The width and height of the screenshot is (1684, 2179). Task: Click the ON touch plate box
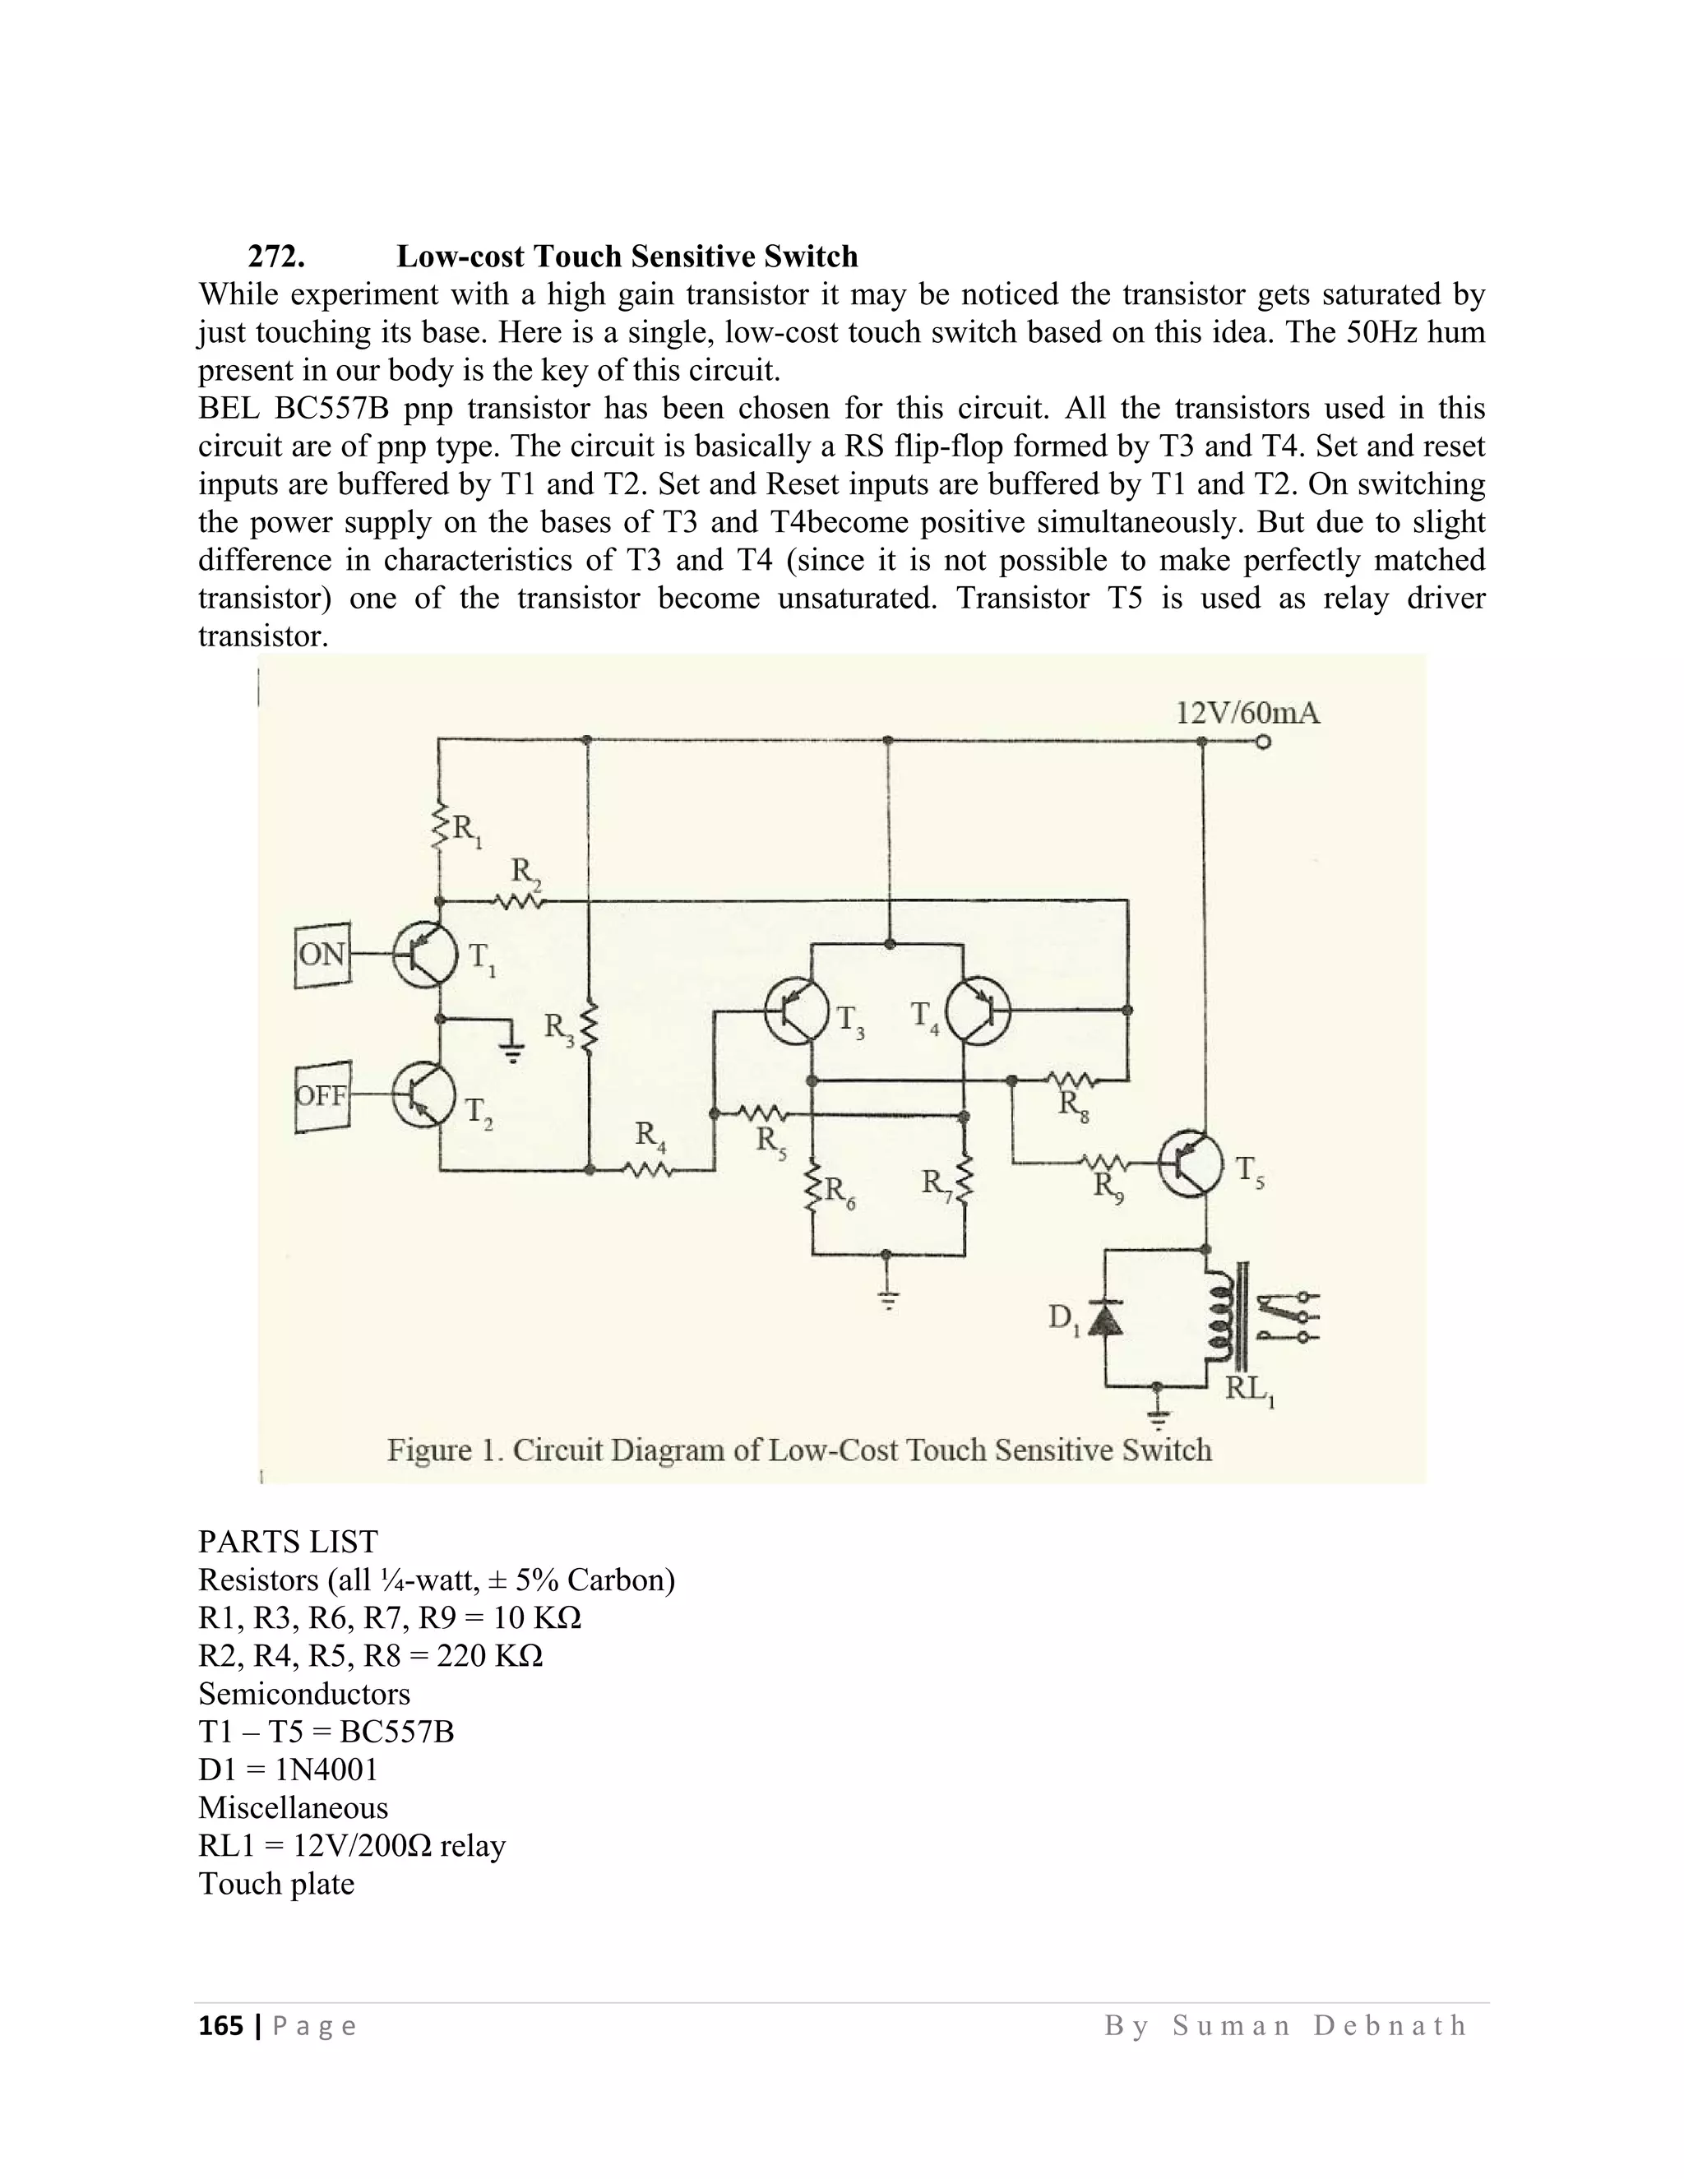click(322, 955)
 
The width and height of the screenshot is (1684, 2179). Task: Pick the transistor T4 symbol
click(978, 1011)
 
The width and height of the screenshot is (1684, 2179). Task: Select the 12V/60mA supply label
click(1248, 714)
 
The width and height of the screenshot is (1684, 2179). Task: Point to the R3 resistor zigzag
click(588, 1028)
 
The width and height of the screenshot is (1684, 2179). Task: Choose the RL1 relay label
click(1250, 1388)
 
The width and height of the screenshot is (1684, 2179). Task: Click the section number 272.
click(276, 257)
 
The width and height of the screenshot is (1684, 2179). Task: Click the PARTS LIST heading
click(289, 1542)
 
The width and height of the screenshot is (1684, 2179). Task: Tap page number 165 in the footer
click(220, 2025)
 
